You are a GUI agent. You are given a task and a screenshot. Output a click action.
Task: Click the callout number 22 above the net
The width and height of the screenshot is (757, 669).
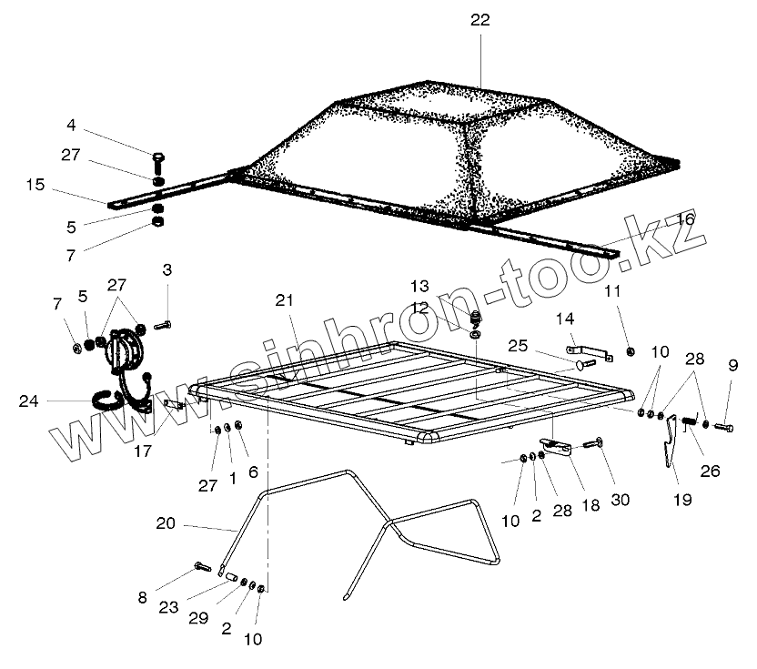(479, 20)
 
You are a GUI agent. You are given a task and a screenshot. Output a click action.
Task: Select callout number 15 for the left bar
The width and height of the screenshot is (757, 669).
(35, 185)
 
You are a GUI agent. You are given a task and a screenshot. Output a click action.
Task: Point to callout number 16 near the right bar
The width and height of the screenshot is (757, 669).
(685, 219)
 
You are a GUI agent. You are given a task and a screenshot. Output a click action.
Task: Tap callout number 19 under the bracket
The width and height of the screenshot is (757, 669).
(681, 499)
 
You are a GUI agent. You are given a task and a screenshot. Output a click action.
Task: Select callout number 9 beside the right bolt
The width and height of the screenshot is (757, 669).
(732, 367)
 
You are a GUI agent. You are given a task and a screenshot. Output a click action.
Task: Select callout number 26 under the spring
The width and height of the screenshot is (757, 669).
(710, 471)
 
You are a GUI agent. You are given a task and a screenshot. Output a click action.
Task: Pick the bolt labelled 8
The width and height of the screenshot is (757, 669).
(203, 569)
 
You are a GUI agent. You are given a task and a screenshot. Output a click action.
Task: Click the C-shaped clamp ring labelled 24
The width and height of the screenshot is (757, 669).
(107, 400)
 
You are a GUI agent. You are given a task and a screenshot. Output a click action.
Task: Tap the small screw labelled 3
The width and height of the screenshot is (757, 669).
(163, 325)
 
